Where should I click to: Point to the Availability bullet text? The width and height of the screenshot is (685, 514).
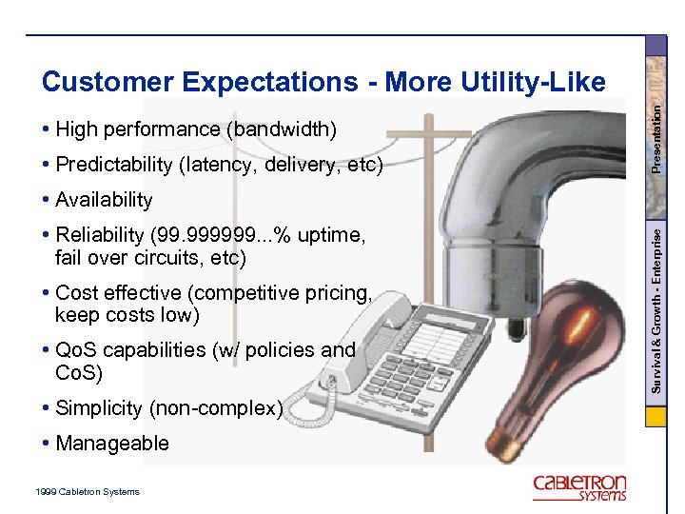click(x=104, y=200)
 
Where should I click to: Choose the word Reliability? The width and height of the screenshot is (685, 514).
click(x=99, y=235)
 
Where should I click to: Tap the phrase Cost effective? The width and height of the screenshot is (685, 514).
click(x=120, y=293)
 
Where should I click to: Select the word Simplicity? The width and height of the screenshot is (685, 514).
click(x=98, y=408)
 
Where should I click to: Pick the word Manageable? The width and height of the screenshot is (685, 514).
click(x=112, y=443)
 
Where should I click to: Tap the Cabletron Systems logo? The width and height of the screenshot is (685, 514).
click(x=579, y=486)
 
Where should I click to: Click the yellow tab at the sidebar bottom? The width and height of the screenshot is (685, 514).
click(x=656, y=417)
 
